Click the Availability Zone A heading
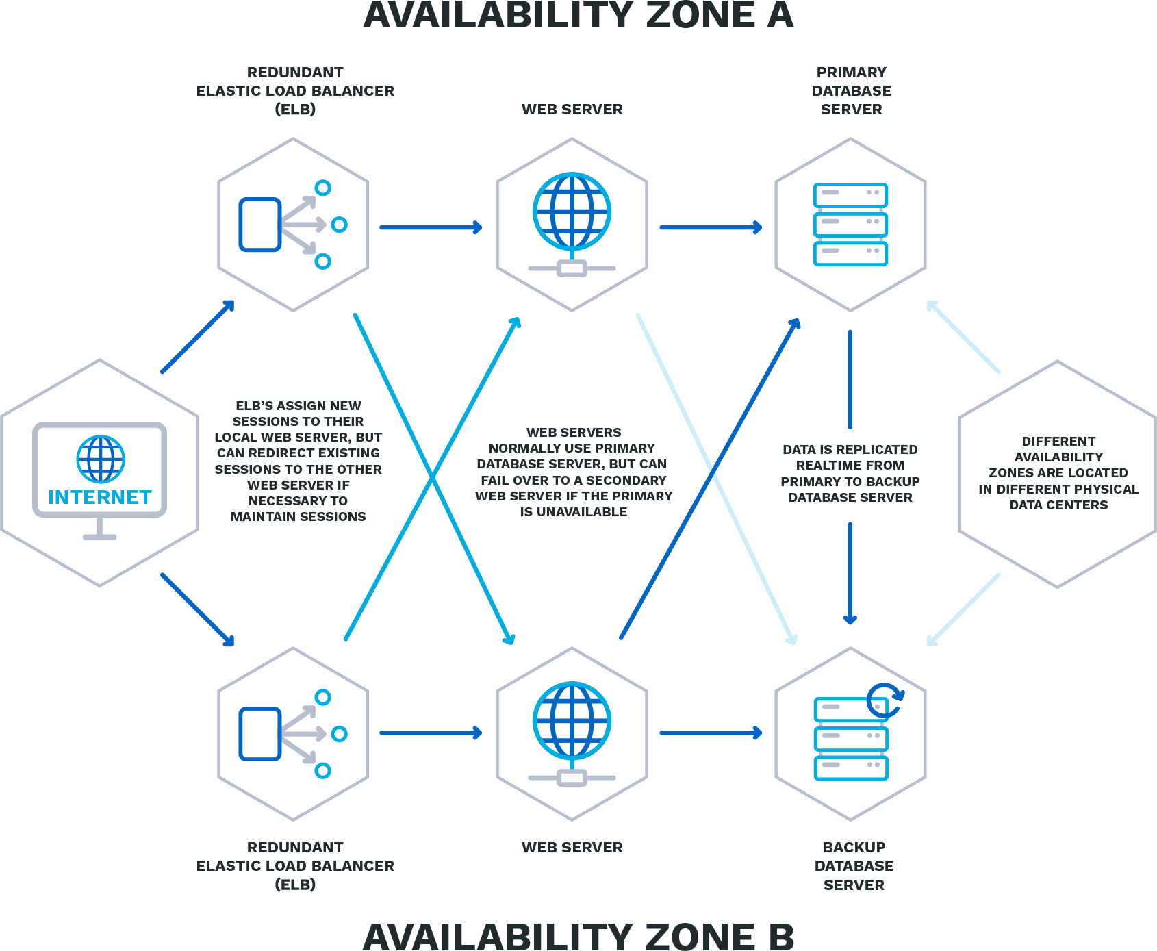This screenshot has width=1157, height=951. (x=578, y=15)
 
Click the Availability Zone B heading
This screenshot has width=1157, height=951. (x=578, y=937)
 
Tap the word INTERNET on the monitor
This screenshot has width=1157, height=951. (x=100, y=497)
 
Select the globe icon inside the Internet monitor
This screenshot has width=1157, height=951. (x=101, y=459)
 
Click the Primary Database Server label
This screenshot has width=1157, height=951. (x=852, y=90)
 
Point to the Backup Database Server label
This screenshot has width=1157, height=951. (x=854, y=866)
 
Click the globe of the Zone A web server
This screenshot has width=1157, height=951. (x=572, y=212)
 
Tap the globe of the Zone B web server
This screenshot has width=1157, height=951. (x=572, y=721)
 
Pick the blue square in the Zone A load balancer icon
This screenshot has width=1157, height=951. (x=260, y=225)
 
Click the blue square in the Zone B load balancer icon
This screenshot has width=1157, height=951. (x=260, y=734)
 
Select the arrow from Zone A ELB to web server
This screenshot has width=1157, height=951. (x=431, y=227)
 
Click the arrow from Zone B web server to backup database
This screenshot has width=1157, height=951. (x=711, y=733)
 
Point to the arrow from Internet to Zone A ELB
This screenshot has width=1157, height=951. (x=198, y=336)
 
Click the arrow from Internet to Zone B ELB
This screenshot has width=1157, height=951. (x=198, y=610)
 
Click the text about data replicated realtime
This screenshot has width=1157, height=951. (x=850, y=474)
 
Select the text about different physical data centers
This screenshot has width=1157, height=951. (x=1058, y=473)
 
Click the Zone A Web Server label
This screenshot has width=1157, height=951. (x=572, y=110)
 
